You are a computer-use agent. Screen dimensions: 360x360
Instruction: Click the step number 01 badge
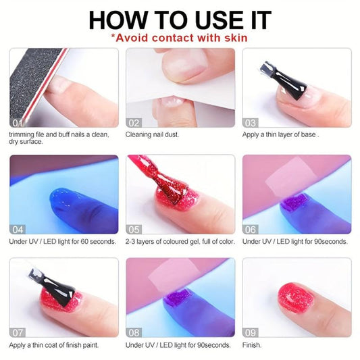pyautogui.click(x=18, y=122)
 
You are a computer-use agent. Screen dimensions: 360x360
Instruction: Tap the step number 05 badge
pyautogui.click(x=134, y=228)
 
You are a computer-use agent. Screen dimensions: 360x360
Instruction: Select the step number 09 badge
pyautogui.click(x=250, y=332)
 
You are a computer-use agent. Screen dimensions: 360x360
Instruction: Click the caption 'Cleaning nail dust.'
pyautogui.click(x=152, y=134)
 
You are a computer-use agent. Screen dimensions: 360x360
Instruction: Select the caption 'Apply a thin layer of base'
pyautogui.click(x=279, y=134)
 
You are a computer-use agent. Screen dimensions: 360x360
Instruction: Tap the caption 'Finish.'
pyautogui.click(x=252, y=345)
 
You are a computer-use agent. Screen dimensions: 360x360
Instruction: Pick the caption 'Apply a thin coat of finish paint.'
pyautogui.click(x=54, y=345)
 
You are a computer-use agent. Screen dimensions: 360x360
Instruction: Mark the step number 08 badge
pyautogui.click(x=134, y=332)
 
